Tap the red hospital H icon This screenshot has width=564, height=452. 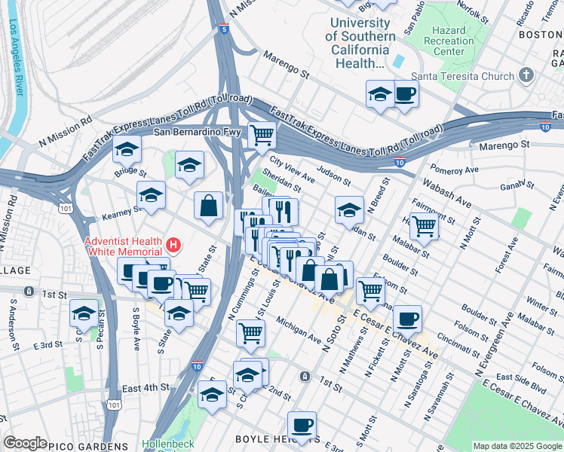tap(174, 245)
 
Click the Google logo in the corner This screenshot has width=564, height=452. tap(25, 443)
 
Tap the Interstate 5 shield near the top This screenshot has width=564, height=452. tap(224, 29)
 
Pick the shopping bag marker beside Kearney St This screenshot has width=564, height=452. tap(208, 205)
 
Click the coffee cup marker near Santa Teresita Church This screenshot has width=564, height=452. tap(405, 94)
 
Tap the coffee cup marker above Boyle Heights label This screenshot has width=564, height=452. tap(302, 425)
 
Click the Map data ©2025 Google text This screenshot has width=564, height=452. tap(517, 446)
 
